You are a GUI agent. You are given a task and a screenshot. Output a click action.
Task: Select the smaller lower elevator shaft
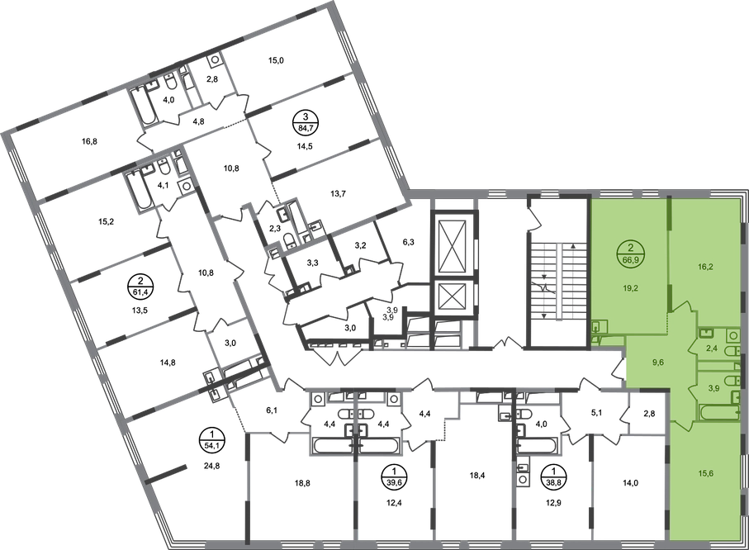(x=451, y=296)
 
